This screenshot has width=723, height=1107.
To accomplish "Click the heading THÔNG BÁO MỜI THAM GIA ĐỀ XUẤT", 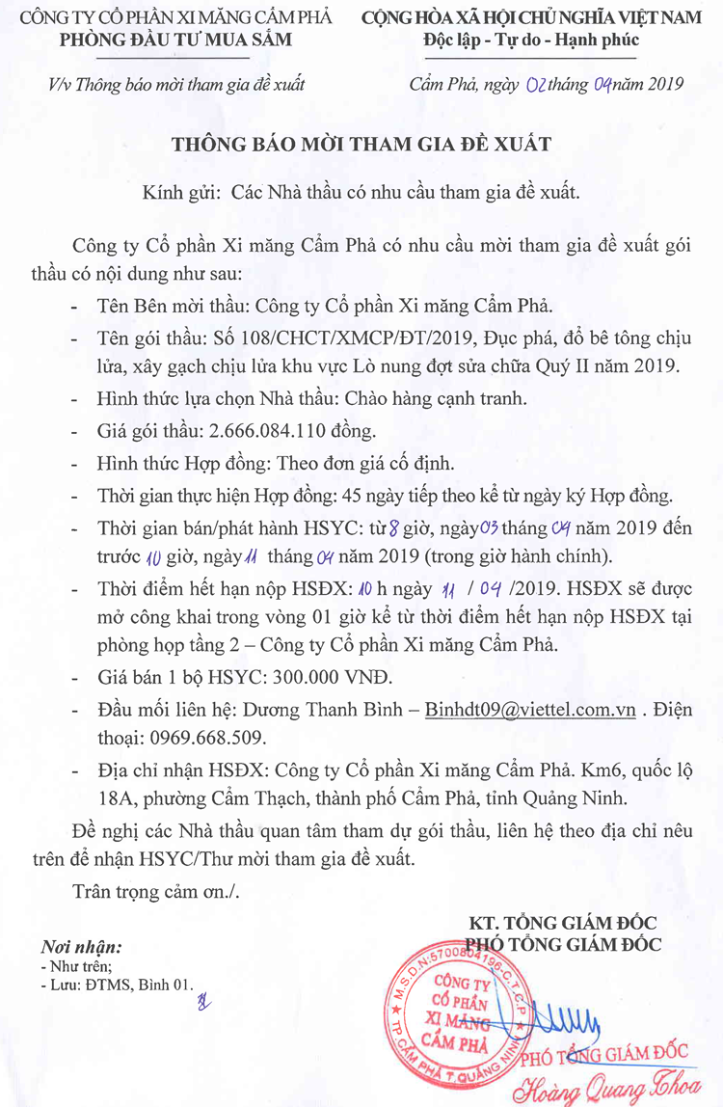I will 361,145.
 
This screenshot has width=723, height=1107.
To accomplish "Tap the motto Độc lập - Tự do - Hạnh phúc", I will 531,40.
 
